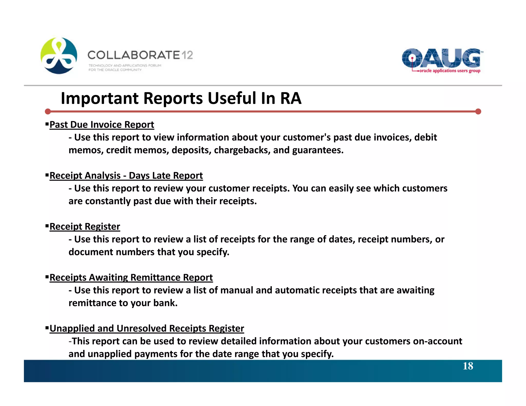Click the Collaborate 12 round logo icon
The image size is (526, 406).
(x=59, y=56)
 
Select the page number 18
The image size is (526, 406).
(x=468, y=366)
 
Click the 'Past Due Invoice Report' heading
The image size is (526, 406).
(x=102, y=125)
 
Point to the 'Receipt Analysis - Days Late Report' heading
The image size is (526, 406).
(x=126, y=176)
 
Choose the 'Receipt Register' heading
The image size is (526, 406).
(x=85, y=227)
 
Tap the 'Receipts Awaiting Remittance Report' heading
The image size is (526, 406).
(x=131, y=278)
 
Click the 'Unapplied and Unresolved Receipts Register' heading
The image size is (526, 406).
(x=147, y=328)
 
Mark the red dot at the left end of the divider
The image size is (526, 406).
(x=48, y=112)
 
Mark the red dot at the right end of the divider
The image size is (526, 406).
(x=478, y=112)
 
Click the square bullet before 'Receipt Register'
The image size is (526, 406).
(x=47, y=226)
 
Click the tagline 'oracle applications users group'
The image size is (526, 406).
(x=449, y=71)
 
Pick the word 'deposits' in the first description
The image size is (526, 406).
(x=191, y=150)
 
